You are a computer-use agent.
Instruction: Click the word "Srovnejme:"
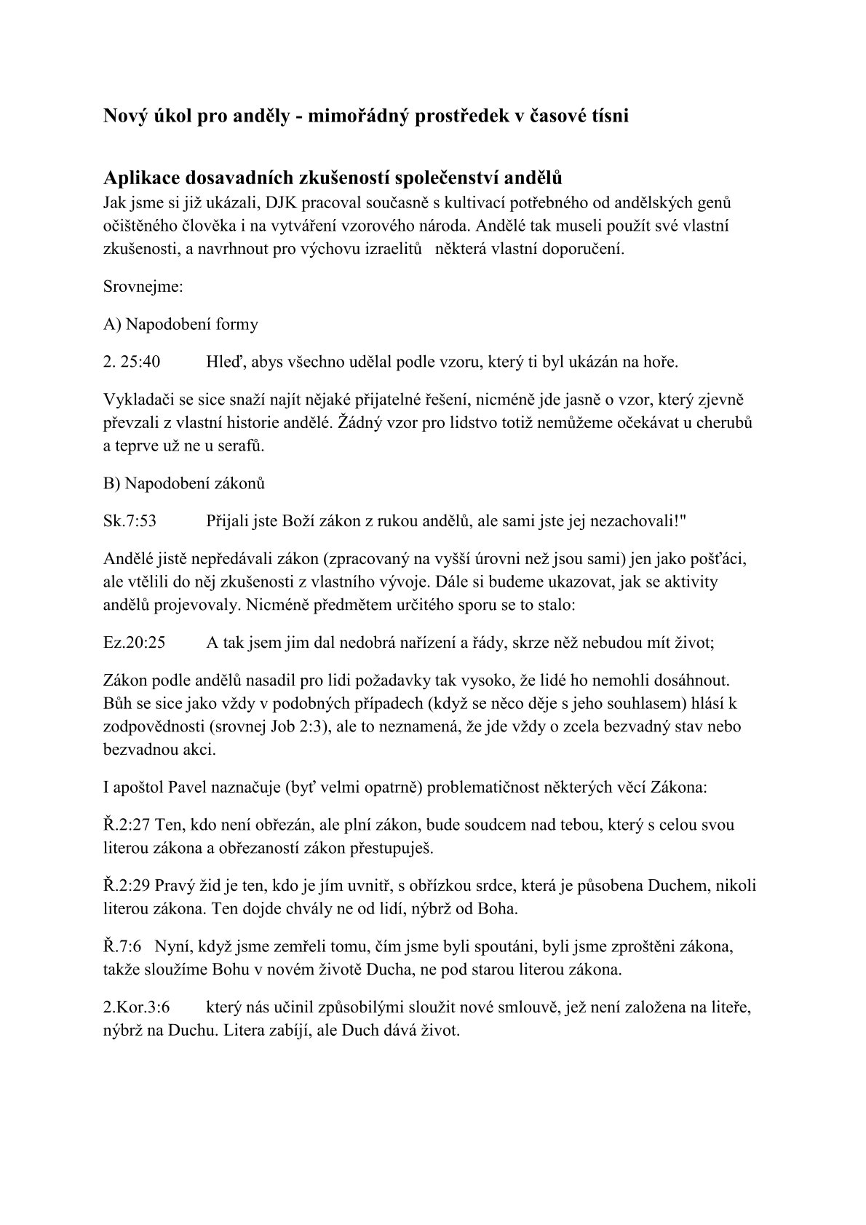pos(143,286)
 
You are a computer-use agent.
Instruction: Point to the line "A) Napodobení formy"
pos(180,324)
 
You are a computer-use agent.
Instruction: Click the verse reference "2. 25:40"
pos(132,362)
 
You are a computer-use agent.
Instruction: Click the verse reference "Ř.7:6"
pos(122,947)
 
